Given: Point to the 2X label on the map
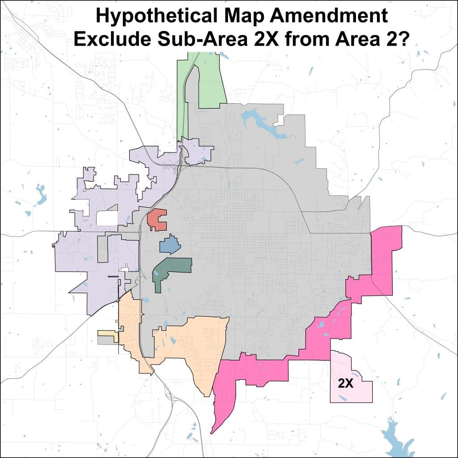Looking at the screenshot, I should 346,384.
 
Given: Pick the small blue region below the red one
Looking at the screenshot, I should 170,245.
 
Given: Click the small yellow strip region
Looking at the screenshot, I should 108,334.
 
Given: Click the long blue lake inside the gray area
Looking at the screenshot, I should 259,123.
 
